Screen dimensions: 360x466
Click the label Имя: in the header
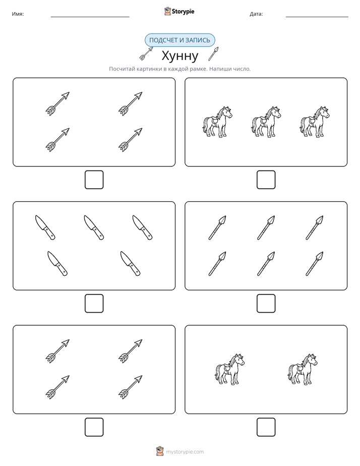pyautogui.click(x=18, y=14)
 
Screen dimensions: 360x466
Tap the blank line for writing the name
pyautogui.click(x=90, y=17)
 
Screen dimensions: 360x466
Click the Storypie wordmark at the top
pyautogui.click(x=183, y=12)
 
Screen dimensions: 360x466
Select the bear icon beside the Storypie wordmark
pyautogui.click(x=167, y=11)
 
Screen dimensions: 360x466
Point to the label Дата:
pyautogui.click(x=256, y=14)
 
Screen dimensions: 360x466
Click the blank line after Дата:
pyautogui.click(x=317, y=17)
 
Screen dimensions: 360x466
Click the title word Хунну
pyautogui.click(x=180, y=55)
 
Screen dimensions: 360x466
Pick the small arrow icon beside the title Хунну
pyautogui.click(x=146, y=53)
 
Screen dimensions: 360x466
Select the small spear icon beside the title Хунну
pyautogui.click(x=213, y=53)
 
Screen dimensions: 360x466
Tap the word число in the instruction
pyautogui.click(x=243, y=69)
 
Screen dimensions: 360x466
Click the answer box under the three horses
pyautogui.click(x=266, y=180)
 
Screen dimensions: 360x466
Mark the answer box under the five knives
pyautogui.click(x=94, y=304)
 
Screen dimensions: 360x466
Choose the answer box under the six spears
pyautogui.click(x=266, y=304)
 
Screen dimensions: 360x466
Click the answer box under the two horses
pyautogui.click(x=266, y=427)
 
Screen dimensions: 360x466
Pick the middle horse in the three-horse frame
pyautogui.click(x=266, y=122)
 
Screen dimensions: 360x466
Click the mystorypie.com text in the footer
pyautogui.click(x=185, y=452)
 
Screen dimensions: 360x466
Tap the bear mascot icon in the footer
pyautogui.click(x=160, y=451)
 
